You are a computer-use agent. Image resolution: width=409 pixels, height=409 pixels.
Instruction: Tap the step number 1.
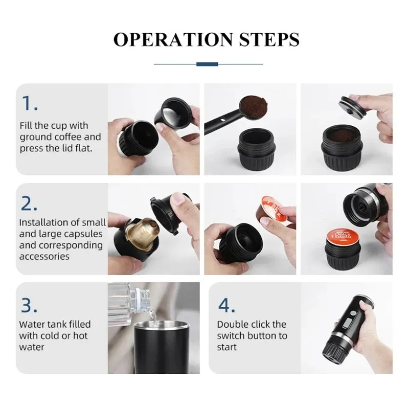(29, 104)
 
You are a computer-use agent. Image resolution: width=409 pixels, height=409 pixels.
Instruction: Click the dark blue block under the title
(208, 64)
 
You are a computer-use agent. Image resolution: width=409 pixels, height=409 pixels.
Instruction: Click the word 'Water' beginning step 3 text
(32, 324)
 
